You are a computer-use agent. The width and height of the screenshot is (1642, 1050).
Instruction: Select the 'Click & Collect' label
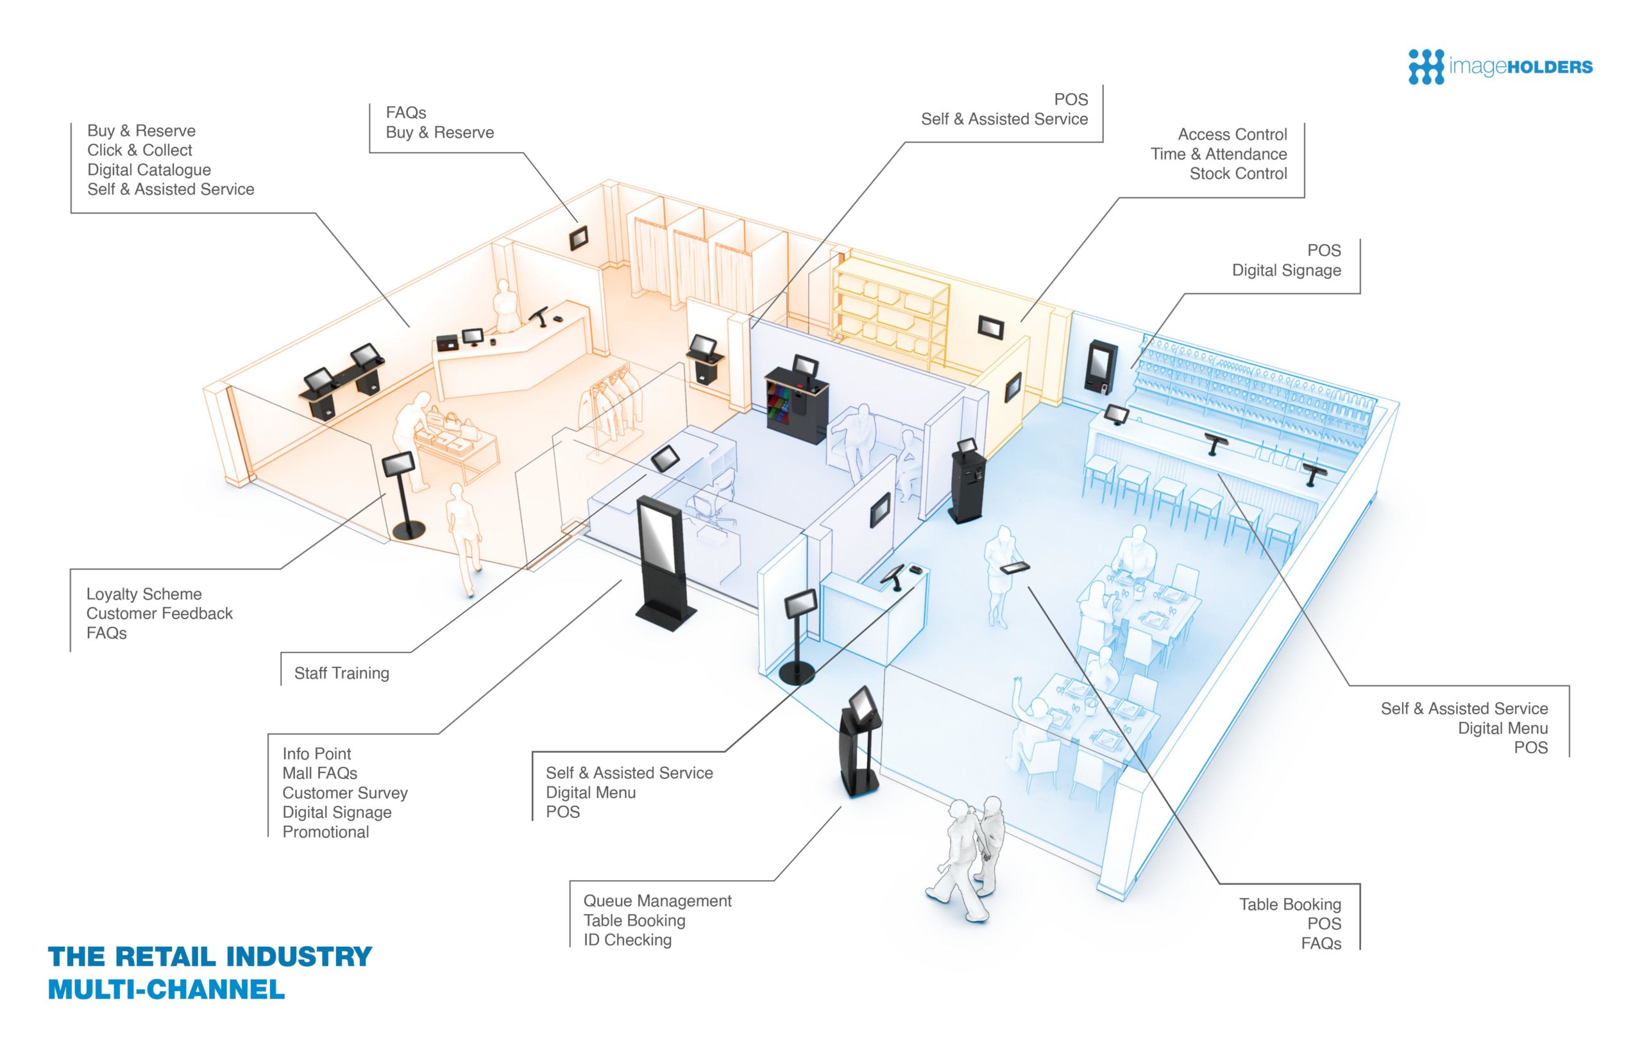(x=139, y=150)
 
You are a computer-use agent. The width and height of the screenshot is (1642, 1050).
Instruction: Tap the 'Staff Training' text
(x=341, y=673)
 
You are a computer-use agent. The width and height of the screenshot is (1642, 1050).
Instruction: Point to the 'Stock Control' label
(x=1237, y=173)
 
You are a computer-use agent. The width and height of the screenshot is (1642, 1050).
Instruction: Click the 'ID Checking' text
(x=627, y=940)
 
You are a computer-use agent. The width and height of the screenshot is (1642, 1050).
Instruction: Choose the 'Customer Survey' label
(x=344, y=792)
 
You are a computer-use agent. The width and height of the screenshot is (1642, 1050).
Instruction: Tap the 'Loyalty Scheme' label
(x=143, y=594)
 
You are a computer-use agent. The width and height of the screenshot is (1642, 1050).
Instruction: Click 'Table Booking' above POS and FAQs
(x=1289, y=904)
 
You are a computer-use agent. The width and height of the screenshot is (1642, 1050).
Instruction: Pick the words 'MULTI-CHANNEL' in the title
(x=165, y=989)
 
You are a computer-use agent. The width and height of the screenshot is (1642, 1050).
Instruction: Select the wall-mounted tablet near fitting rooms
(x=579, y=237)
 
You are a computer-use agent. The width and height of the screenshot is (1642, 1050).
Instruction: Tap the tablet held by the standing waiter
(x=1015, y=567)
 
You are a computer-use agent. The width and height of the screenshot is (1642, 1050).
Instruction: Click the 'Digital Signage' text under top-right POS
(x=1285, y=270)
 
